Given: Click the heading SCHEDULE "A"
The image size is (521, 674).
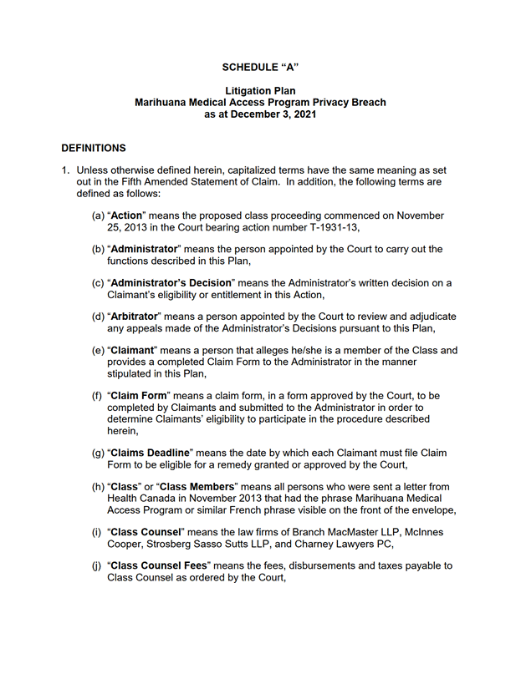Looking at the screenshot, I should pyautogui.click(x=260, y=65).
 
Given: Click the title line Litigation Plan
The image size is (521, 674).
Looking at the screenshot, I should pyautogui.click(x=260, y=90).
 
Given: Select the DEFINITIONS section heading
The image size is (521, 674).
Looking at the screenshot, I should pyautogui.click(x=94, y=148).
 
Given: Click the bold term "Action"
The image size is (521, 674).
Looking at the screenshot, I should pyautogui.click(x=128, y=215).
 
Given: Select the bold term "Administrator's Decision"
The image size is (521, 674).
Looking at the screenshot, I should pyautogui.click(x=173, y=283).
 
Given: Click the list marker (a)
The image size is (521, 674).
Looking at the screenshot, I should pyautogui.click(x=98, y=215).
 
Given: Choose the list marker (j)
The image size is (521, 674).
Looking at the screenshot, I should pyautogui.click(x=98, y=565).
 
